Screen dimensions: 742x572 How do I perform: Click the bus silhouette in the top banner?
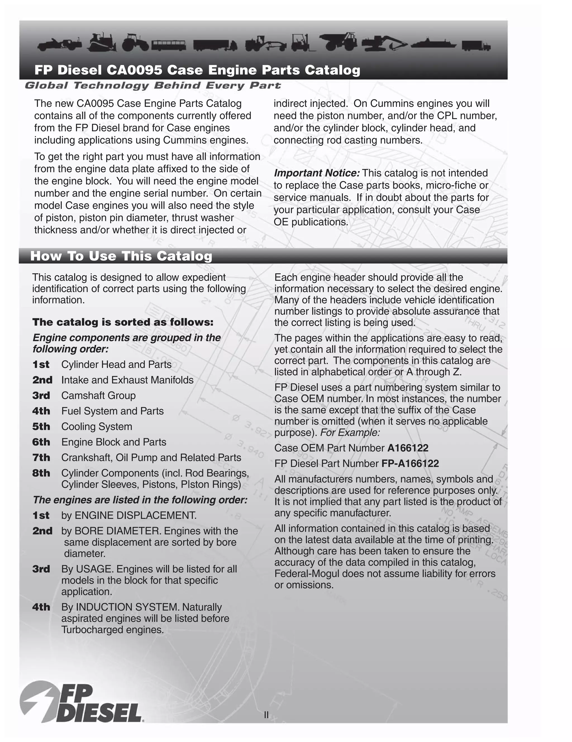169,45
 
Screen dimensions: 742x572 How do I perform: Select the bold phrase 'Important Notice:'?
317,173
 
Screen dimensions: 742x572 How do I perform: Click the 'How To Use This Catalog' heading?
121,256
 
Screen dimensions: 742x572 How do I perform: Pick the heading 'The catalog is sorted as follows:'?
123,322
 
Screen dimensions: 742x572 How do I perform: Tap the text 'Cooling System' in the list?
97,426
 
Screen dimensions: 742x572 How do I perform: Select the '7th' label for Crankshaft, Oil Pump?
41,458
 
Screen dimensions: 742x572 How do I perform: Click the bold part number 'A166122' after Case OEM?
408,448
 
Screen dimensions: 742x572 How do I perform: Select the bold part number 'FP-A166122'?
410,463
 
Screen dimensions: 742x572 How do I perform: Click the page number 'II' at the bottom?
266,715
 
